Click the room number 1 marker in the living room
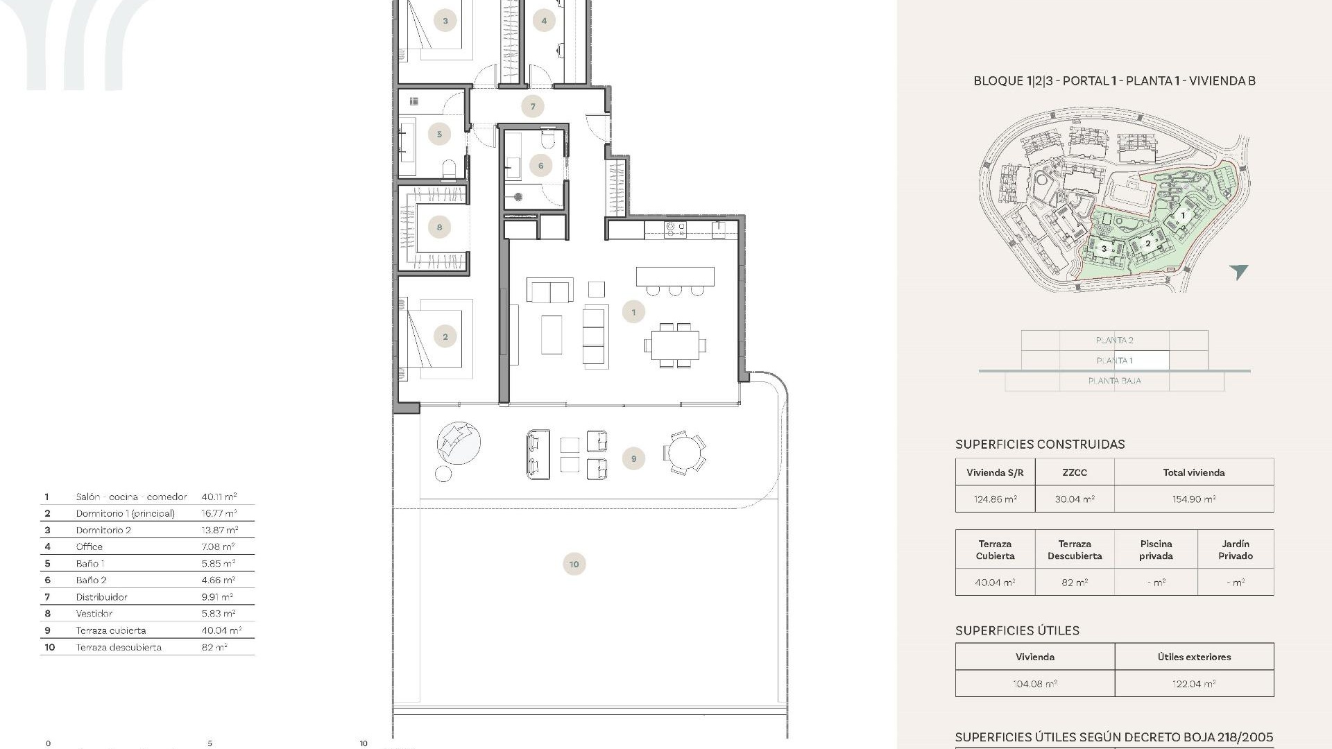point(633,312)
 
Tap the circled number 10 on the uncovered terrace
point(574,564)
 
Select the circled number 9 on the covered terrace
point(633,458)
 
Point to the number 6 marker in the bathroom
point(540,165)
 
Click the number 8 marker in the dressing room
point(439,227)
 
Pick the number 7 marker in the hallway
point(533,106)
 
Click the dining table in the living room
point(675,345)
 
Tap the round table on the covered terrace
point(684,454)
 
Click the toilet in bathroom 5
point(449,169)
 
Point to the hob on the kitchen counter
point(675,230)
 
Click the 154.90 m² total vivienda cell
point(1194,499)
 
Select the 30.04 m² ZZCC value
point(1075,499)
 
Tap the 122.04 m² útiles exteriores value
point(1194,684)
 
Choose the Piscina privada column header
point(1156,549)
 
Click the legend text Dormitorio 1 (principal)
point(126,513)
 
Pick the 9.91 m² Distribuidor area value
point(217,596)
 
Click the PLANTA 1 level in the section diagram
point(1114,361)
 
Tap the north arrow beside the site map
point(1239,272)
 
